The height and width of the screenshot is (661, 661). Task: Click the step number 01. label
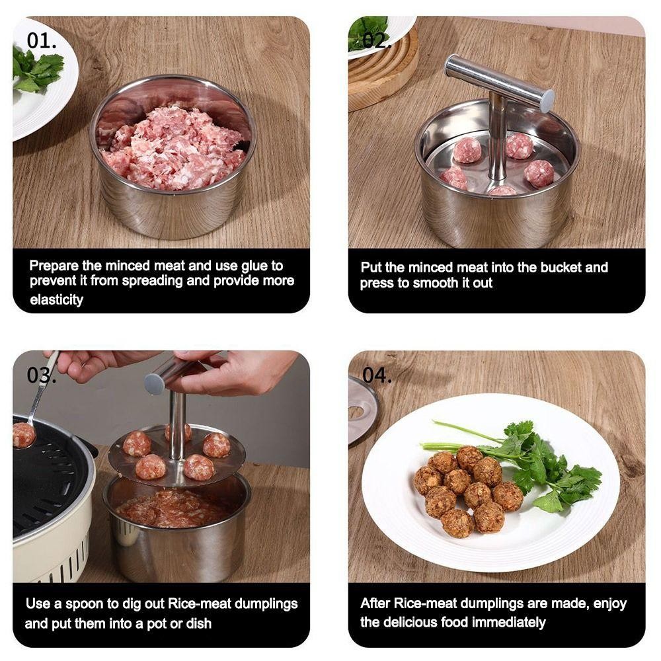[41, 40]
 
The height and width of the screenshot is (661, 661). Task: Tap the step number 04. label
[377, 375]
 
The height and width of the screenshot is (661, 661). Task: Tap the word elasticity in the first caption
[56, 299]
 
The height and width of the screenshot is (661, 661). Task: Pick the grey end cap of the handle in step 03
[154, 383]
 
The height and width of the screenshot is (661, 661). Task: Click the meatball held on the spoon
[23, 435]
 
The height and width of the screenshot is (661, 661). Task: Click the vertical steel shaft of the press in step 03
[176, 426]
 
